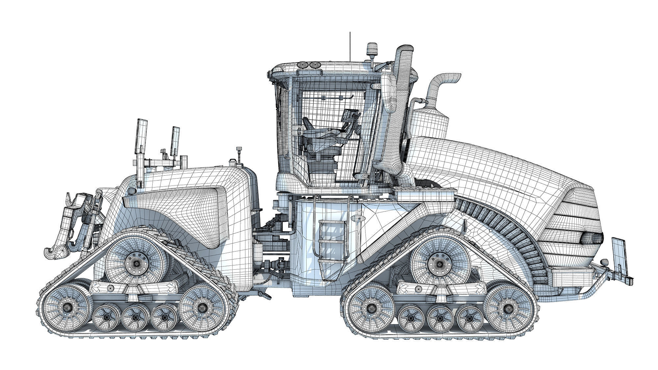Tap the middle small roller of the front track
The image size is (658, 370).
pos(440,318)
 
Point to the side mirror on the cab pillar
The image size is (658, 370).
pos(388,92)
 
